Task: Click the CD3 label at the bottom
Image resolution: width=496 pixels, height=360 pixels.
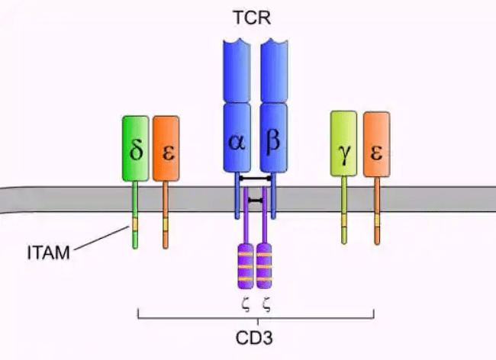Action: coord(255,336)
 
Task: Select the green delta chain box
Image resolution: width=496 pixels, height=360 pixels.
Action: coord(136,149)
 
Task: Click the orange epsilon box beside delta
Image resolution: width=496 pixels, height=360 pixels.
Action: coord(166,149)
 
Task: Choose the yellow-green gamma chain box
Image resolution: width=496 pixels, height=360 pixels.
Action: coord(344,145)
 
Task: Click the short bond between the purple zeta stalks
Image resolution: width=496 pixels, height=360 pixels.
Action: coord(255,200)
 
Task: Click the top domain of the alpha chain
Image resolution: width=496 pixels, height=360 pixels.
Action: coord(237,69)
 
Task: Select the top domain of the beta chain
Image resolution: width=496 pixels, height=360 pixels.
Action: coord(274,69)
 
